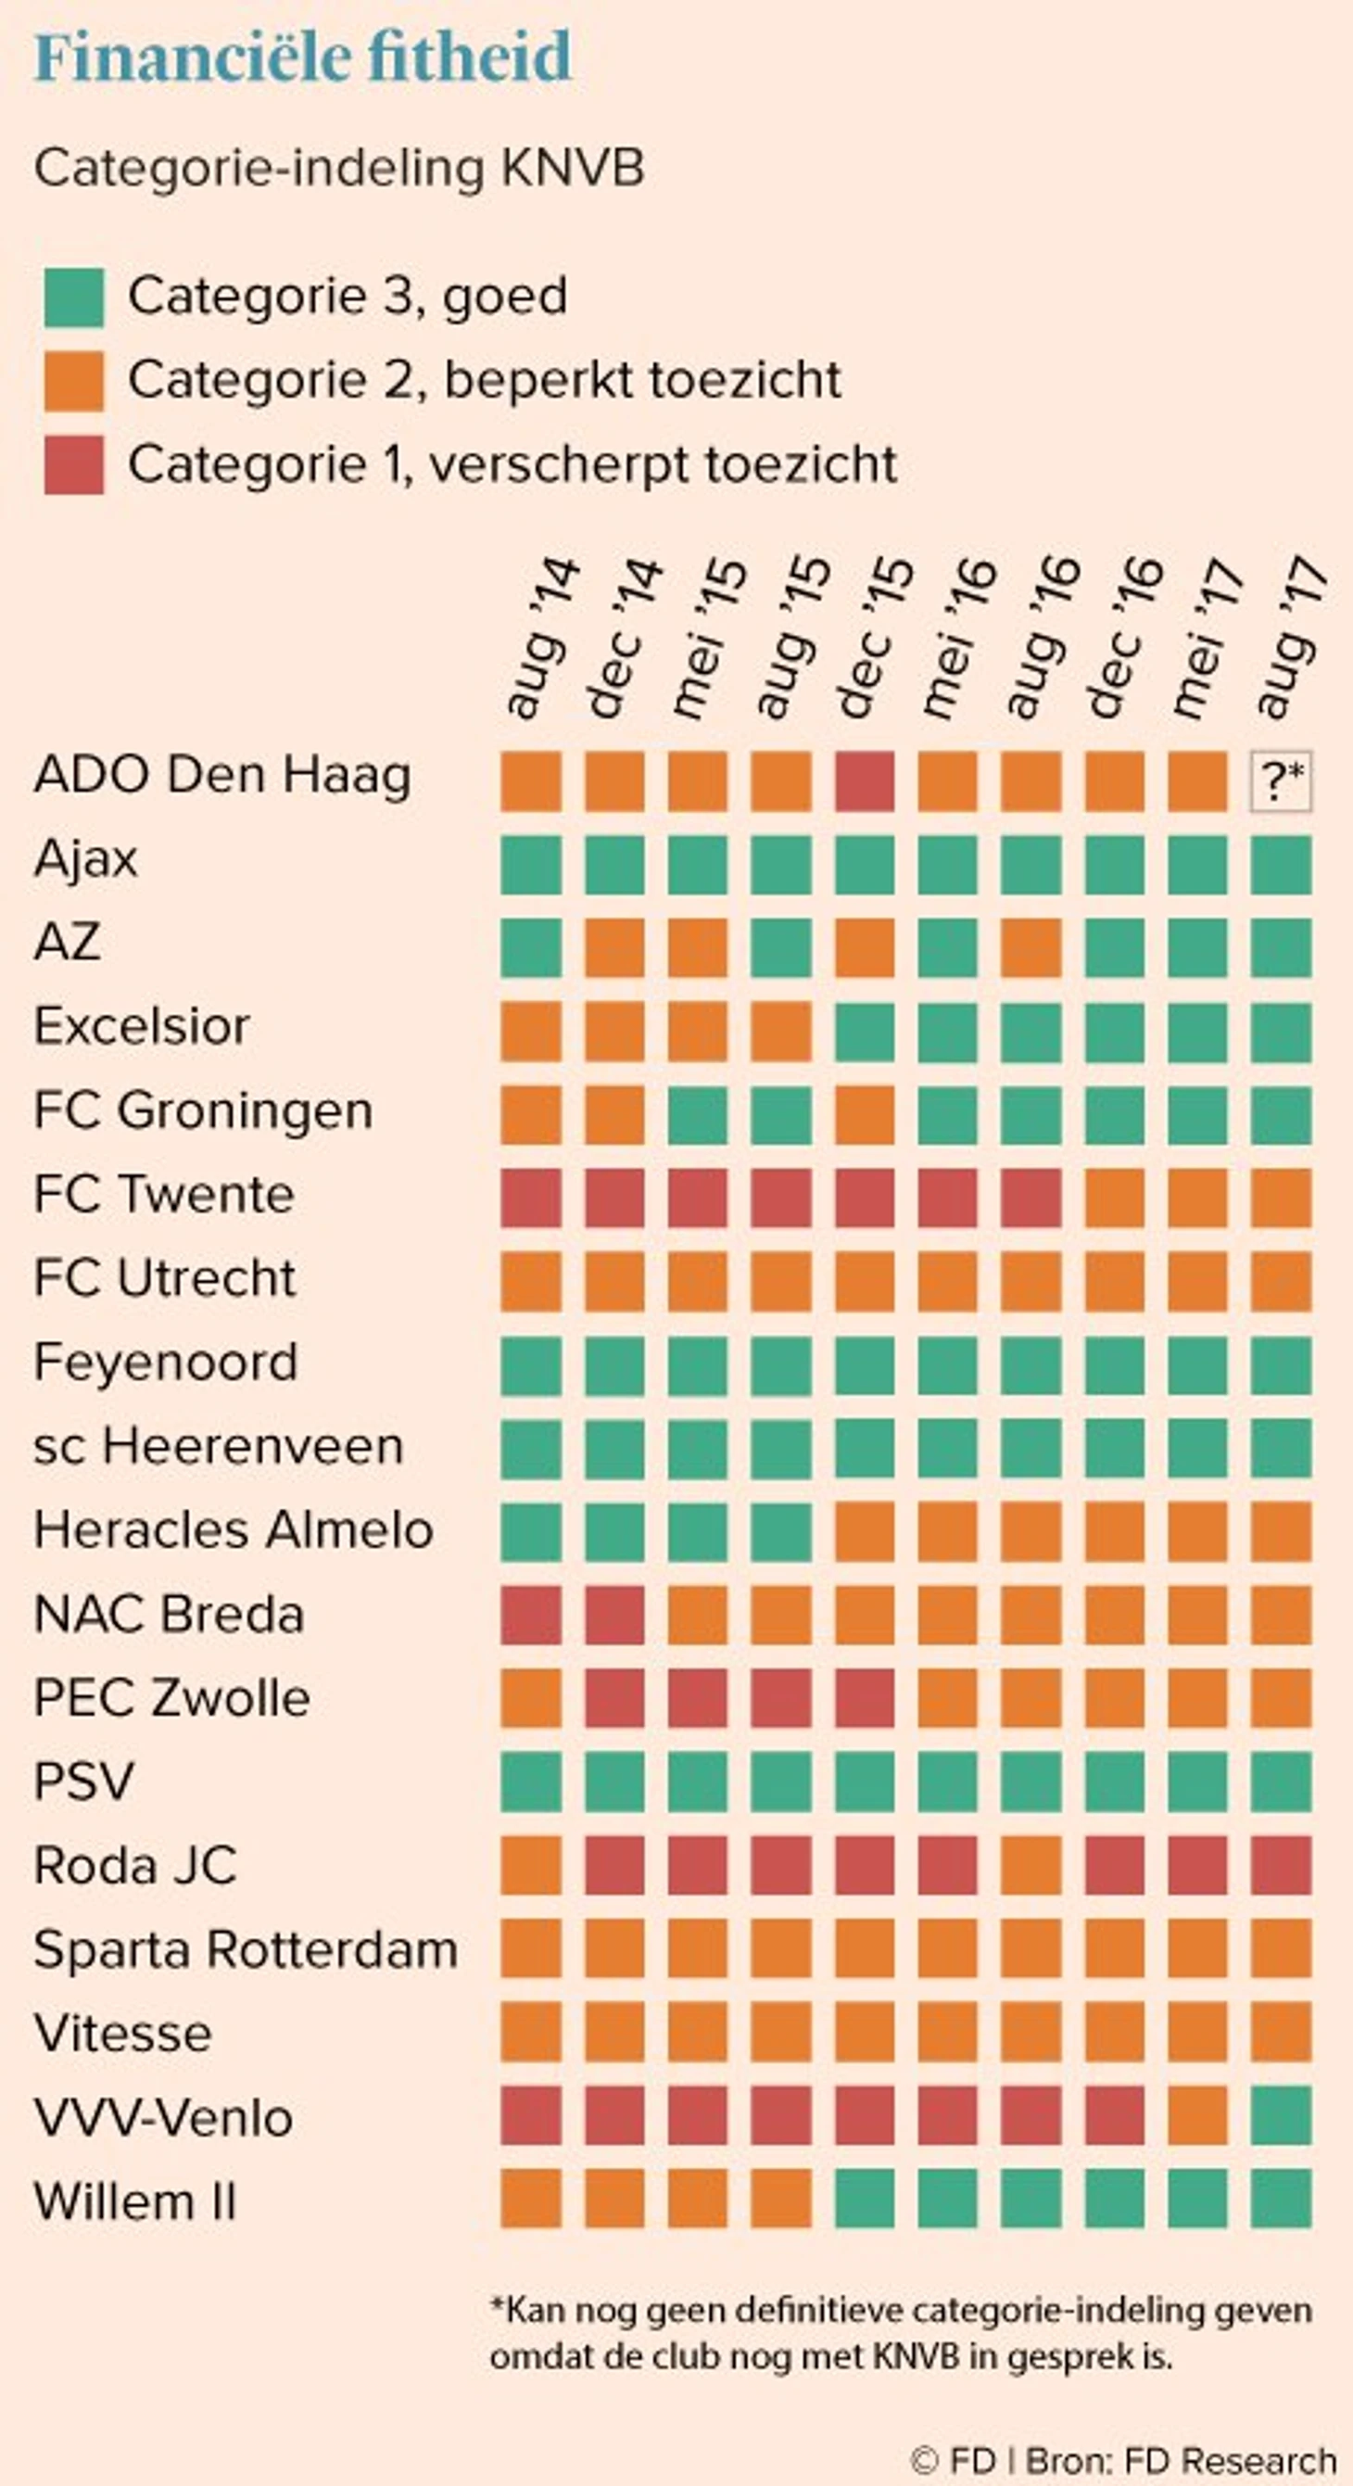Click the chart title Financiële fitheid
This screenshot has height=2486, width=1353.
click(303, 57)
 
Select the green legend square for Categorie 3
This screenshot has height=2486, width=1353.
click(73, 298)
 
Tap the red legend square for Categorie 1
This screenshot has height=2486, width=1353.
click(73, 465)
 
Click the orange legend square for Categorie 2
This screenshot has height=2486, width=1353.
click(73, 382)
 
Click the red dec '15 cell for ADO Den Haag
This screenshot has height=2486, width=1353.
click(864, 780)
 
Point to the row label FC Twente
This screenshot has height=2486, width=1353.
click(164, 1195)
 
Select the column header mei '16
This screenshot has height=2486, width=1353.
click(957, 639)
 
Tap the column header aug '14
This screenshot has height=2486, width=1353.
click(540, 639)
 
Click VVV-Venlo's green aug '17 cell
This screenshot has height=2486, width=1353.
click(1281, 2115)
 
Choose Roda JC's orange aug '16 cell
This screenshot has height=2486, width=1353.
click(1031, 1866)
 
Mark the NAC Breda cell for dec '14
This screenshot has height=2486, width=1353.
click(613, 1615)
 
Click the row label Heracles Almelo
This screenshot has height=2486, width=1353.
click(234, 1529)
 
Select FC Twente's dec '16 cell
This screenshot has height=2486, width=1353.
click(1115, 1198)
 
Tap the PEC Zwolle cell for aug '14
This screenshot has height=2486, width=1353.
click(531, 1698)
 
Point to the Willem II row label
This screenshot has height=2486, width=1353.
click(135, 2201)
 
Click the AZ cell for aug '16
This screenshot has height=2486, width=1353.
click(1031, 947)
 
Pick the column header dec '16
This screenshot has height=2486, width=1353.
click(1124, 639)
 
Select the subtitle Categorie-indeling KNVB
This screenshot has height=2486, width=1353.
click(339, 169)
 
